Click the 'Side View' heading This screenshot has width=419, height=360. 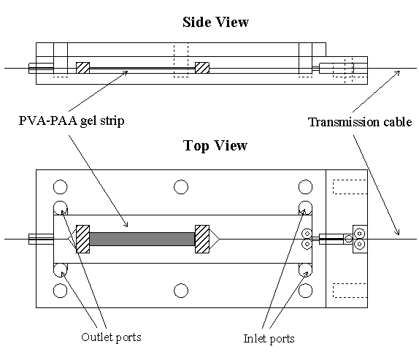pos(215,22)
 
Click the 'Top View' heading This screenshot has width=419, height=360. pos(215,145)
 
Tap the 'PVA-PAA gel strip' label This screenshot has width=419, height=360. pos(72,120)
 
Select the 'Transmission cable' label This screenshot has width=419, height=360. pos(360,122)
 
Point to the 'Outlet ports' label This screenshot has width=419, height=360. pos(111,337)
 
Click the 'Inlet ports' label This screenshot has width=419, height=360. pos(269,339)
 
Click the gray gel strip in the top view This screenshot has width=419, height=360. pos(142,240)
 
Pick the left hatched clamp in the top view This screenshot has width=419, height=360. pos(82,240)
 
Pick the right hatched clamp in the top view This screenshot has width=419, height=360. pos(202,240)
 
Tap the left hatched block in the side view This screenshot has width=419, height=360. pos(82,68)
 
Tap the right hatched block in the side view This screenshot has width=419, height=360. pos(202,68)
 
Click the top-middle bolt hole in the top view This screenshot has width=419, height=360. pos(181,187)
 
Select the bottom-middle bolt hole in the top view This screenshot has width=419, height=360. pos(181,291)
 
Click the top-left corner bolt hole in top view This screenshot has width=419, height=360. pos(61,187)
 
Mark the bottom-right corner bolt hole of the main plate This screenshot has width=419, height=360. pos(305,291)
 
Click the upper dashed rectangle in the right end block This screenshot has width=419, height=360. pos(350,187)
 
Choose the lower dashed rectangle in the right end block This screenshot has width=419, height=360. pos(350,291)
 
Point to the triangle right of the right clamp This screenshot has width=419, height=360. pos(215,240)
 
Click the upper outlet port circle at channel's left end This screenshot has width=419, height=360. pos(61,208)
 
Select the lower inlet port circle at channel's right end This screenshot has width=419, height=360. pos(305,270)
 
